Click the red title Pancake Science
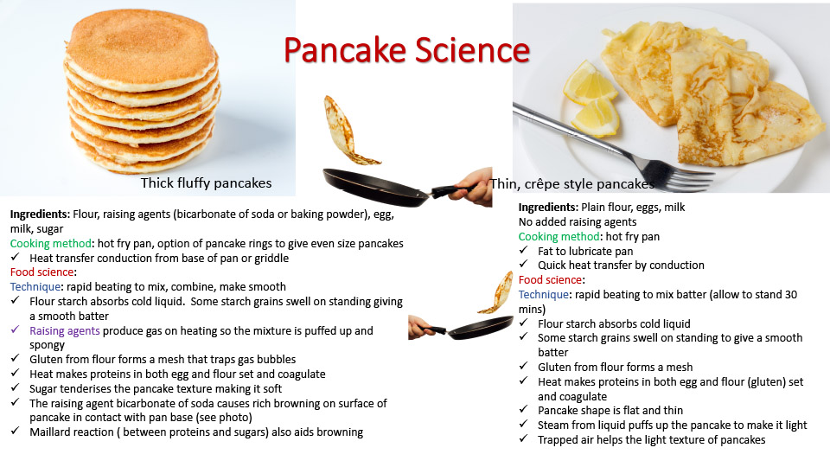406,51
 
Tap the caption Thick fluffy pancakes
206,183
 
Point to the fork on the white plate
614,146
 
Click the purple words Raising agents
65,331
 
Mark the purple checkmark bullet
15,329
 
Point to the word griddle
271,258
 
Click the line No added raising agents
578,222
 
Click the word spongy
47,345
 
